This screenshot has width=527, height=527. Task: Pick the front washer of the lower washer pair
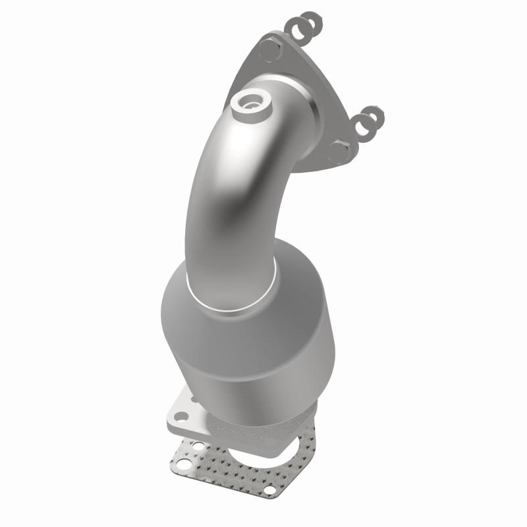coord(362,124)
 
